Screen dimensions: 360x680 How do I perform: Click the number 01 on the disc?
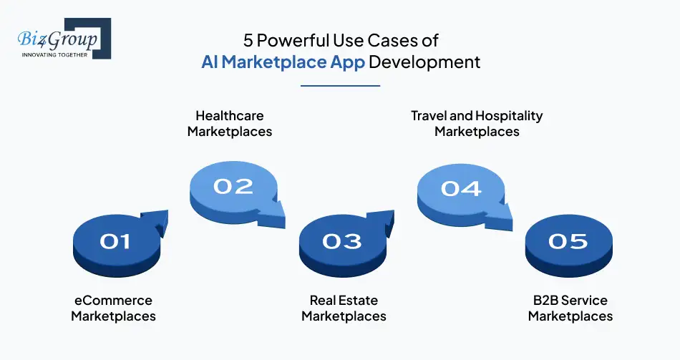[x=115, y=241]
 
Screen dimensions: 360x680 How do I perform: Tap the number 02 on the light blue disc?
[x=233, y=187]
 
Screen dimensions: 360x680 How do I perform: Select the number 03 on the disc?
[x=341, y=241]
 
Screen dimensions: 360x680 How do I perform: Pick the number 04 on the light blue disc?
[x=460, y=188]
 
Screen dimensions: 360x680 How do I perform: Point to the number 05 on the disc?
[x=568, y=241]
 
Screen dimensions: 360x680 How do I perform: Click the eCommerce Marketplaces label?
[x=113, y=308]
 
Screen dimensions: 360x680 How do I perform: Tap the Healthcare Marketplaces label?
[x=230, y=123]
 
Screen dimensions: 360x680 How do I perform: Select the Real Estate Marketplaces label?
[x=344, y=308]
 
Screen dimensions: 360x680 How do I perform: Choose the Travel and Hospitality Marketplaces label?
[x=477, y=123]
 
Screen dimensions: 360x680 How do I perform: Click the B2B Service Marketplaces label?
[x=570, y=308]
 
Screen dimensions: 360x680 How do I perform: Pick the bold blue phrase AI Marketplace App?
[x=283, y=62]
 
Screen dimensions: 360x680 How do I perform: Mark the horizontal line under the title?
[x=340, y=86]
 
